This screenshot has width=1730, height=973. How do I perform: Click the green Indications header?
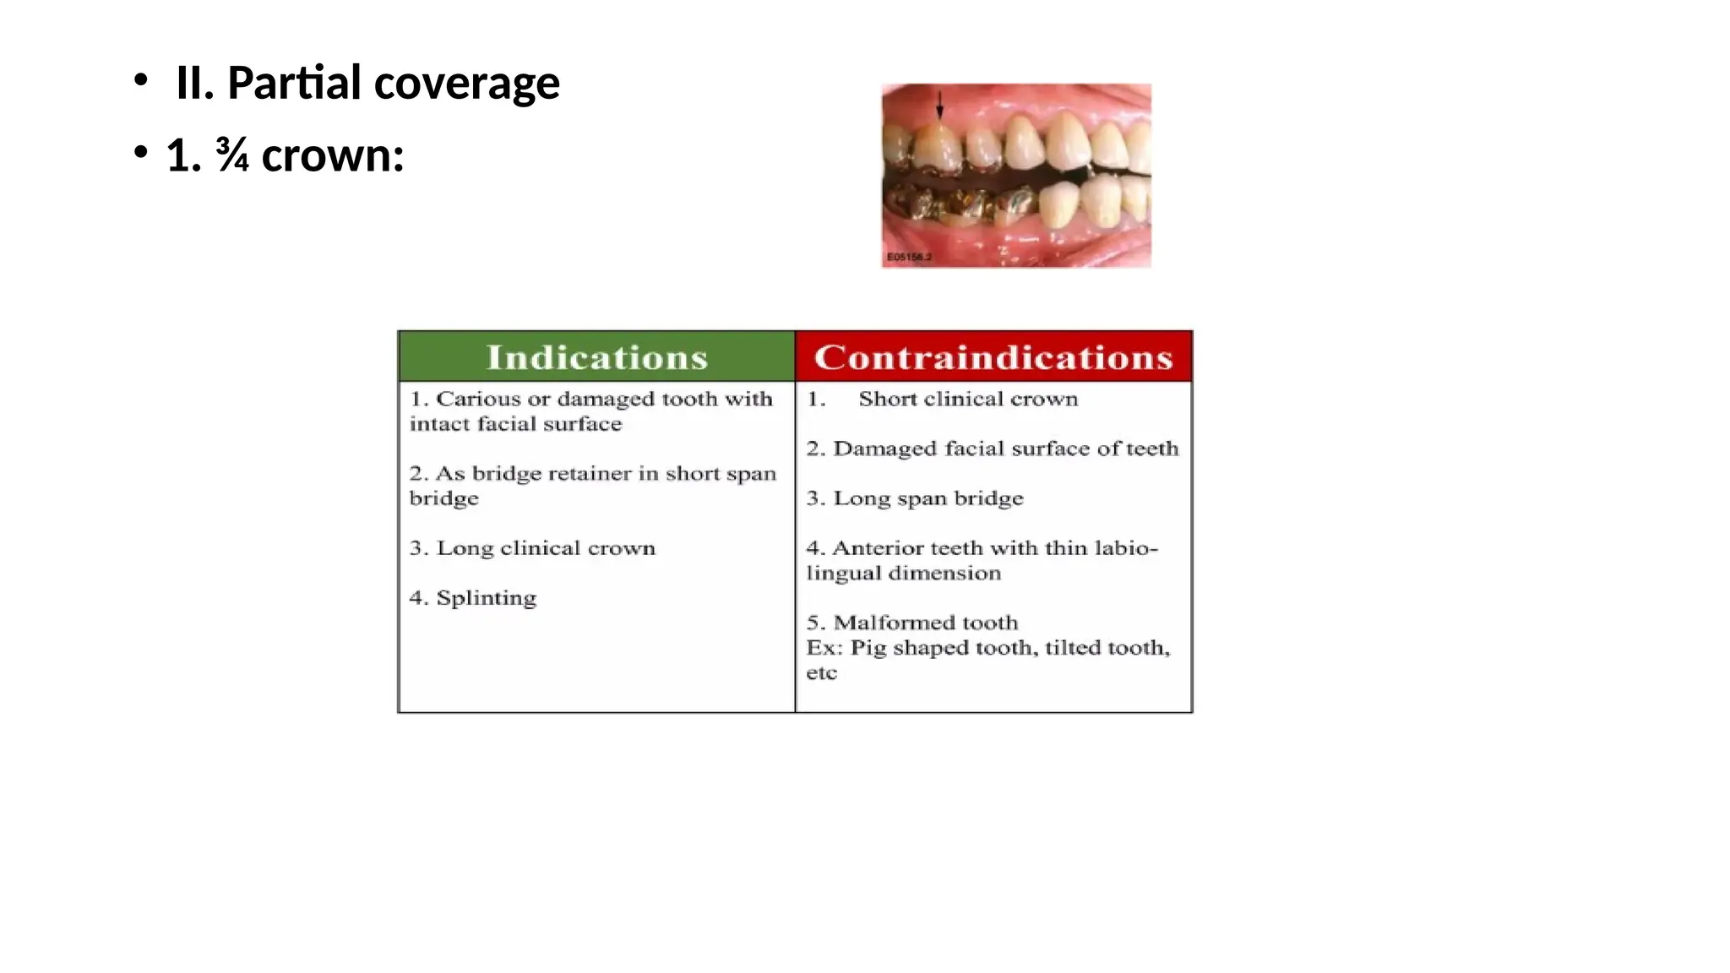tap(596, 357)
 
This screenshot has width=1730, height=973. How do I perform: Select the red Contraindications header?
tap(993, 357)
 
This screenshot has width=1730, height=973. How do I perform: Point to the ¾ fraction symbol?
tap(232, 155)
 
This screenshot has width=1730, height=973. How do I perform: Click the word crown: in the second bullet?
tap(333, 156)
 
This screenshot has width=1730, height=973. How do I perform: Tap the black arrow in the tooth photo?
tap(939, 106)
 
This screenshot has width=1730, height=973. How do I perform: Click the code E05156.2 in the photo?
tap(909, 257)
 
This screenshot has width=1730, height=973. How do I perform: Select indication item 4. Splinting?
tap(473, 598)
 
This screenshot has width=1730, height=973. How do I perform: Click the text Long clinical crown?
tap(545, 548)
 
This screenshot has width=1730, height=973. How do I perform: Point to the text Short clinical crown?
tap(968, 399)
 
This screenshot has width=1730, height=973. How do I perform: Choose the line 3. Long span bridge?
tap(915, 498)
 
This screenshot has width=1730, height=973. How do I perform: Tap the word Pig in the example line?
tap(868, 648)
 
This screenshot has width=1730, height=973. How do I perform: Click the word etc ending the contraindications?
tap(821, 673)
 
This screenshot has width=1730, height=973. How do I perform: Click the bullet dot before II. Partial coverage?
tap(140, 82)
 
